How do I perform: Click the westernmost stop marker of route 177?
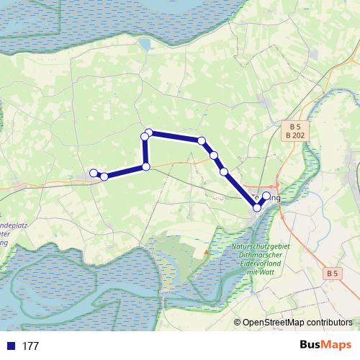pyautogui.click(x=93, y=173)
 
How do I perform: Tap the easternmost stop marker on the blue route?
pyautogui.click(x=266, y=196)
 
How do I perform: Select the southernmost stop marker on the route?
pyautogui.click(x=257, y=208)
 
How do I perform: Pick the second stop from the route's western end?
pyautogui.click(x=104, y=176)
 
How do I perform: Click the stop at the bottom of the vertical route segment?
pyautogui.click(x=146, y=167)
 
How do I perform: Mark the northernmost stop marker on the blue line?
pyautogui.click(x=148, y=132)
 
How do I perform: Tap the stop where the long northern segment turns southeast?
pyautogui.click(x=202, y=141)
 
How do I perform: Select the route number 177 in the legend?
pyautogui.click(x=30, y=346)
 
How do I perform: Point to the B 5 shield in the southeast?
pyautogui.click(x=331, y=274)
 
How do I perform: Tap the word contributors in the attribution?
pyautogui.click(x=330, y=323)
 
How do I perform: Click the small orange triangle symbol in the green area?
pyautogui.click(x=207, y=251)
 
